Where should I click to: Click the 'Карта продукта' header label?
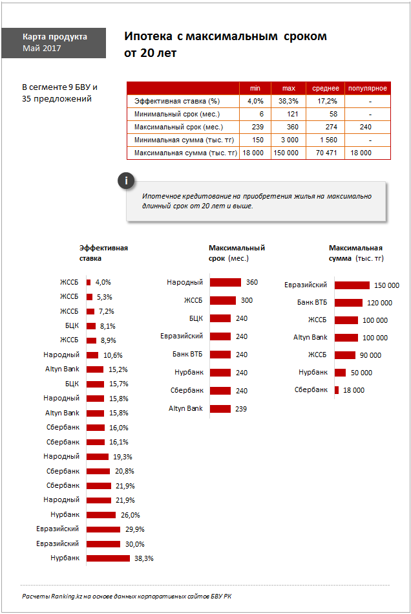click(54, 37)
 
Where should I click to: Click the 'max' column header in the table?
click(288, 88)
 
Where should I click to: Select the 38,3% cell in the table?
click(288, 101)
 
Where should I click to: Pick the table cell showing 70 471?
click(326, 153)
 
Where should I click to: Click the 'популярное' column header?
click(367, 88)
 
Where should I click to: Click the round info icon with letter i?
click(126, 181)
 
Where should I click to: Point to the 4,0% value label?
click(103, 282)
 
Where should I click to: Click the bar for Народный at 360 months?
click(226, 282)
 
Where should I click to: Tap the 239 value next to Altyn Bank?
click(240, 409)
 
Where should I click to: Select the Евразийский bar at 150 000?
click(352, 285)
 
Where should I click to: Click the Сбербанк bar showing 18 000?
click(337, 390)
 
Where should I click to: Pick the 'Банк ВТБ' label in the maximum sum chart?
click(312, 302)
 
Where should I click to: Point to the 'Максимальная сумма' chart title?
click(356, 253)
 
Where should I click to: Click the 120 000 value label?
click(379, 303)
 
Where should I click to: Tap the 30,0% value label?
click(134, 544)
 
